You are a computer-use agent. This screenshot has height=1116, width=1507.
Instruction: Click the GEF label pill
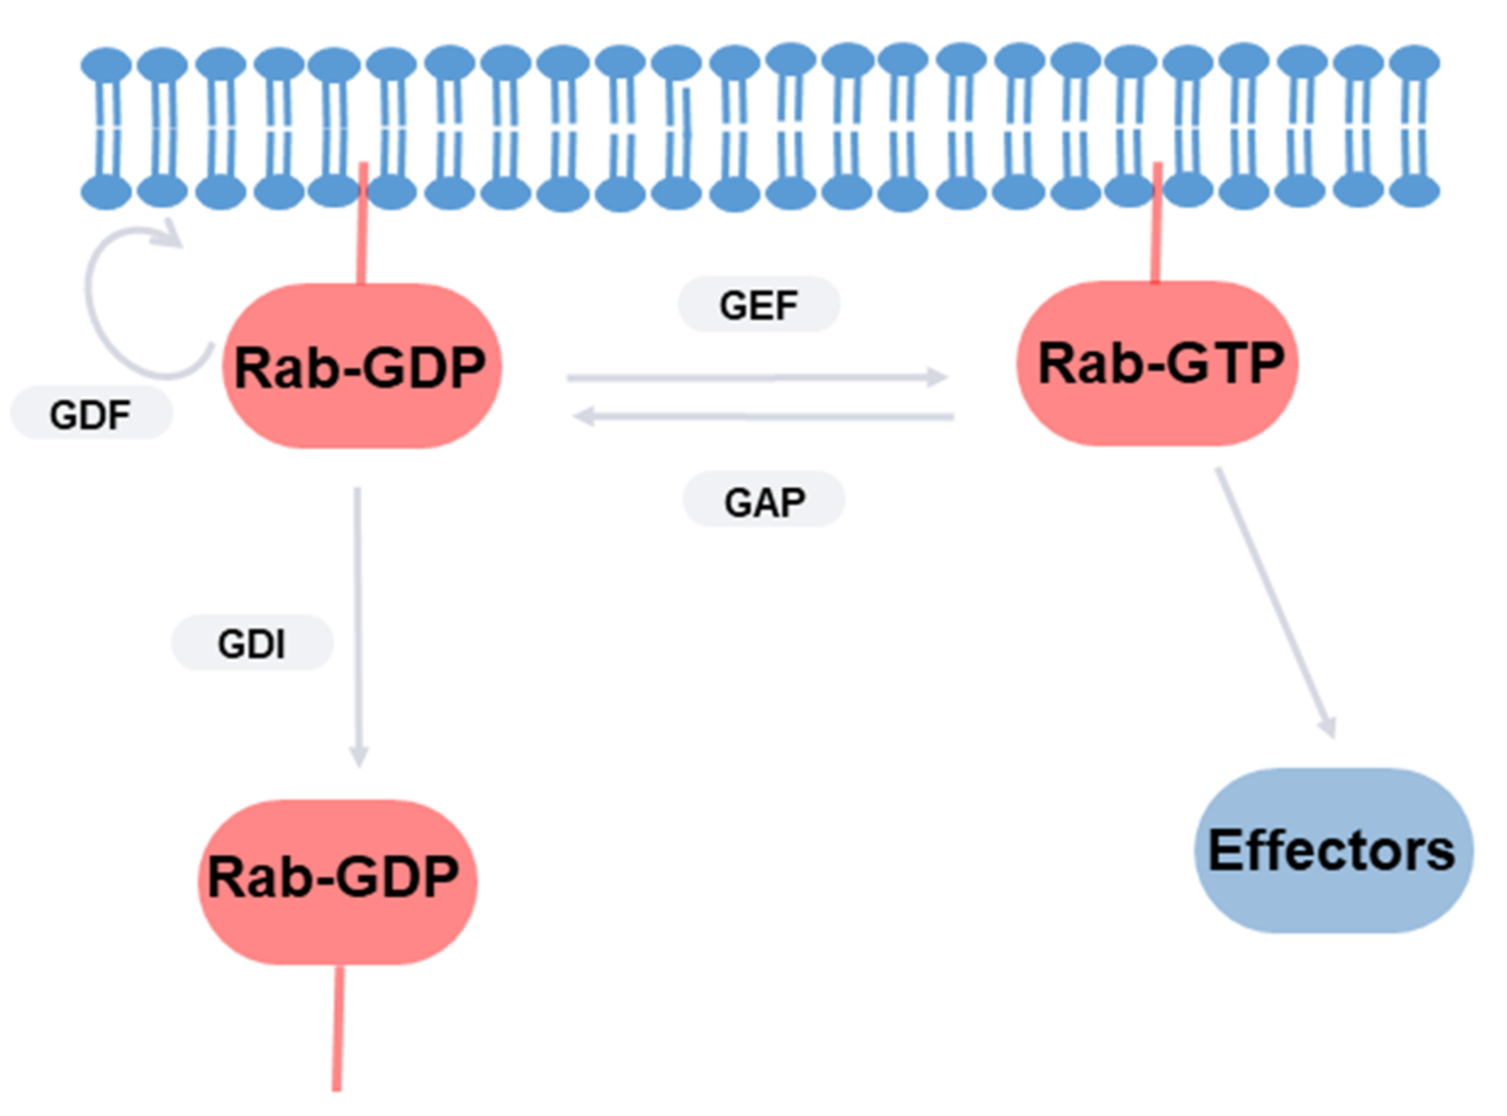coord(759,304)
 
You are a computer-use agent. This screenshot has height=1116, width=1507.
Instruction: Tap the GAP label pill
coord(764,499)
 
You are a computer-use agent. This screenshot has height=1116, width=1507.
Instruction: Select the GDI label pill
coord(252,642)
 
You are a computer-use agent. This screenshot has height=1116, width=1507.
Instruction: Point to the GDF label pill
coord(92,413)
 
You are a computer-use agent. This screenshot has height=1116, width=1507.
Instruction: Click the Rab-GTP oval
coord(1157,363)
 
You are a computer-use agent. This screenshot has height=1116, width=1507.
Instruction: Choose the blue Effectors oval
coord(1334,850)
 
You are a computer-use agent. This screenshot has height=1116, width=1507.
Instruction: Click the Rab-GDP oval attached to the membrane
coord(362,365)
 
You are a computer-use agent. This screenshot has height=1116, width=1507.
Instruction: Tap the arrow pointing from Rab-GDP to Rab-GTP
coord(758,377)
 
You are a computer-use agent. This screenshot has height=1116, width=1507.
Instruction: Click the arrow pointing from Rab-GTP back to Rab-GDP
coord(764,416)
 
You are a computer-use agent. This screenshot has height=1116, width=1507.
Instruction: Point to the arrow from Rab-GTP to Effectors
coord(1276,603)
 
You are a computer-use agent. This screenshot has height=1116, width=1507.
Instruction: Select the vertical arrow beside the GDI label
coord(358,627)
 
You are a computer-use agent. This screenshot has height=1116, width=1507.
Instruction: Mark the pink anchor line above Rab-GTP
coord(1156,222)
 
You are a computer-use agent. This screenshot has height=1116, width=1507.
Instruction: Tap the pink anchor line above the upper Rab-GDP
coord(363,223)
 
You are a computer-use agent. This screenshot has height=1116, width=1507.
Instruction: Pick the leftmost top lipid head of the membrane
coord(106,65)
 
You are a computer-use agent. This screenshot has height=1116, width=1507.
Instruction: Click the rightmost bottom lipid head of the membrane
coord(1415,191)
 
